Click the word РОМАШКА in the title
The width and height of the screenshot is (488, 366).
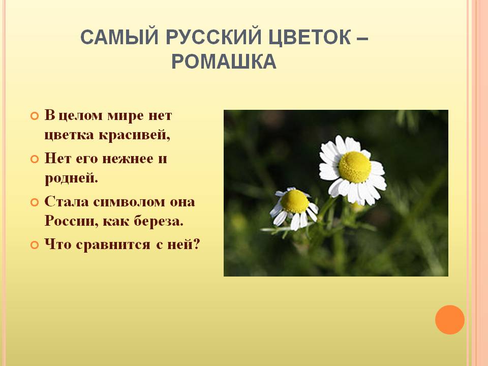pos(224,62)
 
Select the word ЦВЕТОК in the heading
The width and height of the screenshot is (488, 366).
pos(309,37)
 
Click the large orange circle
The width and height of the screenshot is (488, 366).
pos(450,320)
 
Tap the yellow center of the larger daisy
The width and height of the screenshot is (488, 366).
pos(355,167)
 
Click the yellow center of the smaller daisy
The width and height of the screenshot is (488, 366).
pos(294,201)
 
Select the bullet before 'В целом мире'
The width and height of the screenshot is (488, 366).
pos(34,116)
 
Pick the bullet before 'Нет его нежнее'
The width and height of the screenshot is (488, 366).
pos(34,159)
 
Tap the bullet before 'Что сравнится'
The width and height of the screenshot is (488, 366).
pos(34,245)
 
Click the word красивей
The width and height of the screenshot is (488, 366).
pos(134,135)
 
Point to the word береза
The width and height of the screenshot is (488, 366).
pos(159,221)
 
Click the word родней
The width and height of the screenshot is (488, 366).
pos(71,178)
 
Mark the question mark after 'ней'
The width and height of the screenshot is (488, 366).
pos(196,244)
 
